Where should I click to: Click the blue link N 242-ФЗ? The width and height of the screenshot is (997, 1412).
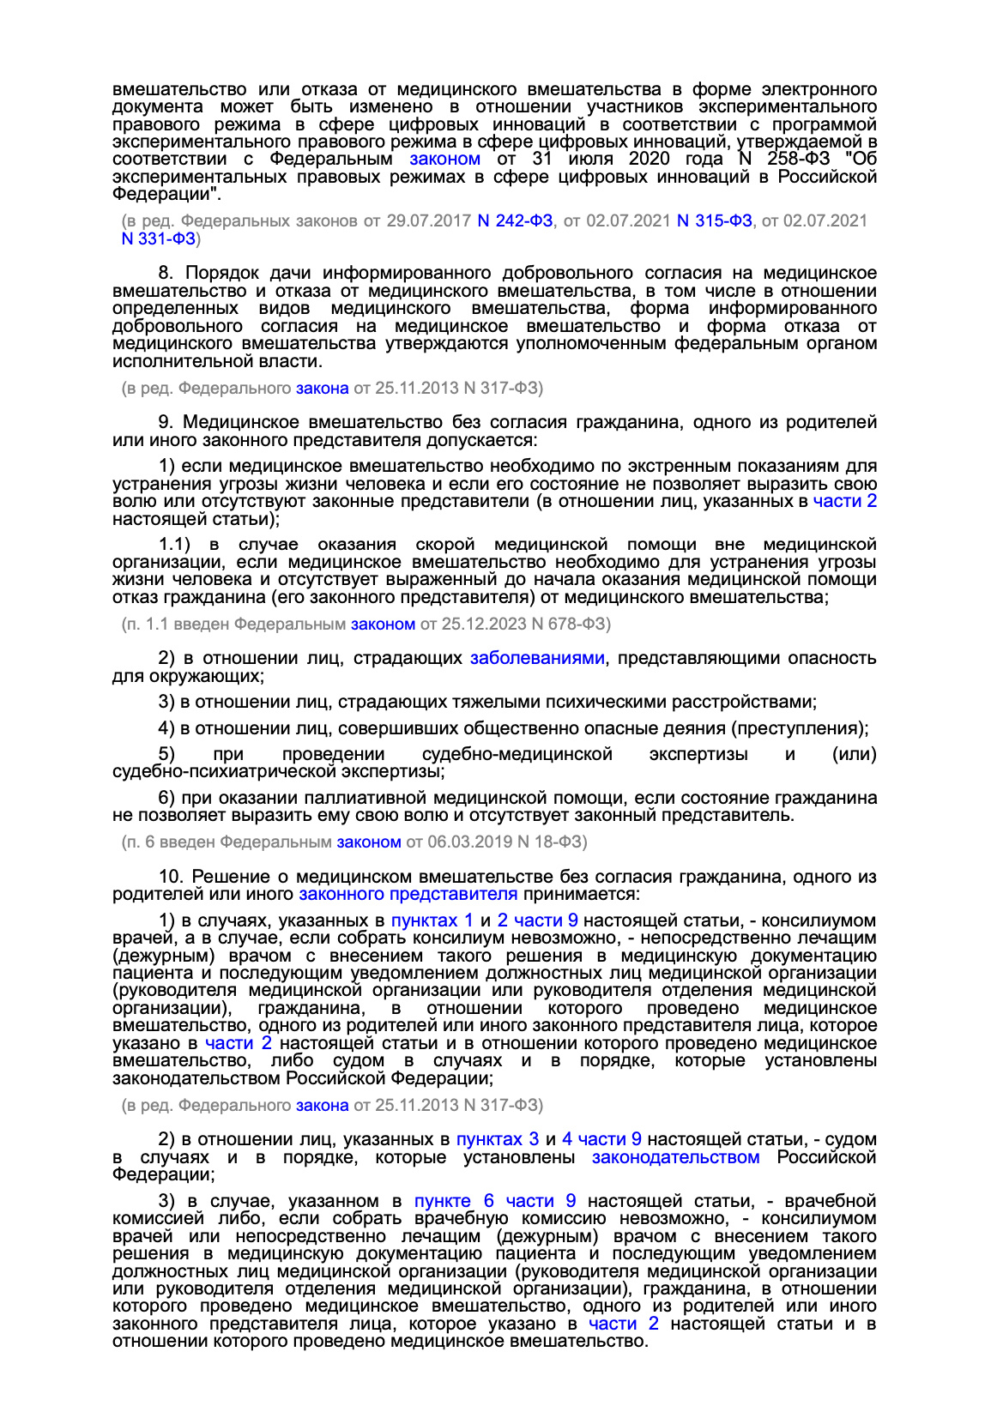(x=515, y=220)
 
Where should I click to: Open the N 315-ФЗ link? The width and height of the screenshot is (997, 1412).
(x=715, y=220)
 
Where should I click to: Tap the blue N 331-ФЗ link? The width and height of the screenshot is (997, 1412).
(x=159, y=238)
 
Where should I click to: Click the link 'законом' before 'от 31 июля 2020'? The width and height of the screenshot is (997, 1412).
(x=444, y=159)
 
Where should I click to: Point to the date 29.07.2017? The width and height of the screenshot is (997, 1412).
(x=428, y=220)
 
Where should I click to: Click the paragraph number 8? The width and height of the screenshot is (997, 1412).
(x=166, y=273)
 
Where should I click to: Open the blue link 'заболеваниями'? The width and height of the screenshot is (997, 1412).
(x=537, y=658)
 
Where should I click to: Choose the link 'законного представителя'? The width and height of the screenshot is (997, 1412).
(x=408, y=894)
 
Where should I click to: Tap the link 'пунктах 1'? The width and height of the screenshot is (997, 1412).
(x=432, y=920)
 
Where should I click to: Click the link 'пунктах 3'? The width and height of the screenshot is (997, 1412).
(x=498, y=1139)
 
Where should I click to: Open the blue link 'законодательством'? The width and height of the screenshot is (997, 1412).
(x=675, y=1157)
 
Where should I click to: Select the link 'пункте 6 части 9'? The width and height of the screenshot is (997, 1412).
(x=495, y=1201)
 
